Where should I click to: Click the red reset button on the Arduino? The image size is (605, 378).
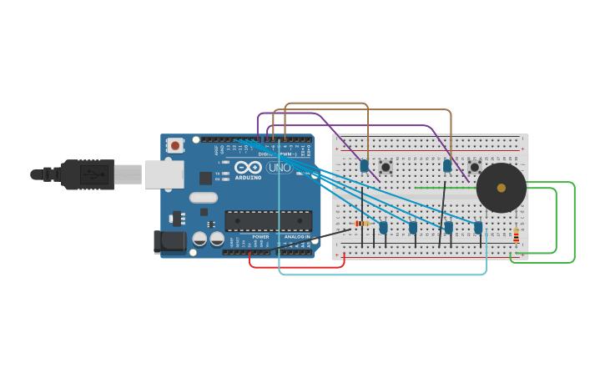pyautogui.click(x=175, y=145)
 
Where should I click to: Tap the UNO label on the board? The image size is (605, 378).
pyautogui.click(x=279, y=168)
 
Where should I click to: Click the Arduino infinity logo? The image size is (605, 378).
pyautogui.click(x=248, y=167)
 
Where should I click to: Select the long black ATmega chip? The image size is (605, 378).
pyautogui.click(x=268, y=221)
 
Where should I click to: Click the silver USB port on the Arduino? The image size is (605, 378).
pyautogui.click(x=164, y=174)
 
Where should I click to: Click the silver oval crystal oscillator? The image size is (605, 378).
pyautogui.click(x=204, y=198)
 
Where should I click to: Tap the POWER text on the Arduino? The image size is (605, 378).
pyautogui.click(x=261, y=237)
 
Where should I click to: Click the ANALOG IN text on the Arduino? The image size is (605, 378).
pyautogui.click(x=296, y=237)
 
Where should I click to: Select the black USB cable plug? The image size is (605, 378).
pyautogui.click(x=87, y=174)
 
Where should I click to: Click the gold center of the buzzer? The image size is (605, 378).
pyautogui.click(x=502, y=188)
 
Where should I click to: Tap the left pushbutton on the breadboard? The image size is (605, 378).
pyautogui.click(x=386, y=167)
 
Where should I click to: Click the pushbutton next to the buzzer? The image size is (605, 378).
pyautogui.click(x=474, y=167)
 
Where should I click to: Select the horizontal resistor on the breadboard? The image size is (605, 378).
pyautogui.click(x=362, y=224)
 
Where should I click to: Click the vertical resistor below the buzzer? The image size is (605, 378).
pyautogui.click(x=516, y=236)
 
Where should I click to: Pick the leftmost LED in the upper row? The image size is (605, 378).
pyautogui.click(x=365, y=166)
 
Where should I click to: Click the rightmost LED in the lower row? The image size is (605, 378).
pyautogui.click(x=478, y=227)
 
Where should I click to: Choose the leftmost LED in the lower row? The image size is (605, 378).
pyautogui.click(x=383, y=227)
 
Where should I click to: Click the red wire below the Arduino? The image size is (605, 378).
pyautogui.click(x=284, y=267)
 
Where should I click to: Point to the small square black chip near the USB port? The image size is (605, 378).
pyautogui.click(x=205, y=178)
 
